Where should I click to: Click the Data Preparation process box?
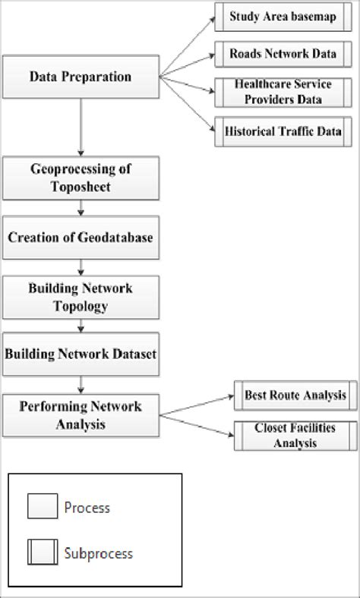tap(80, 77)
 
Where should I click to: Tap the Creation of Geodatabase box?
tap(80, 238)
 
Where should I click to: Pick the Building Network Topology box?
tap(80, 297)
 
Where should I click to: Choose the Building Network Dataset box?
tap(80, 354)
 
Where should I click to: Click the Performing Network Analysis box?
tap(80, 414)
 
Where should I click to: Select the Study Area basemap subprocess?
tap(282, 17)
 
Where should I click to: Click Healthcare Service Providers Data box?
tap(282, 92)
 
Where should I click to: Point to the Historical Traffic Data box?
tap(282, 131)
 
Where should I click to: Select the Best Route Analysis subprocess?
tap(295, 395)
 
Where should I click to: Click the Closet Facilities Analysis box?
tap(295, 436)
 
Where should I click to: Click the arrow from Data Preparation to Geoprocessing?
tap(80, 125)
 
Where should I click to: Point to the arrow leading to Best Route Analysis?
tap(197, 404)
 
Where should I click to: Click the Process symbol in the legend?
tap(42, 506)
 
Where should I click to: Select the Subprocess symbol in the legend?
tap(42, 553)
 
